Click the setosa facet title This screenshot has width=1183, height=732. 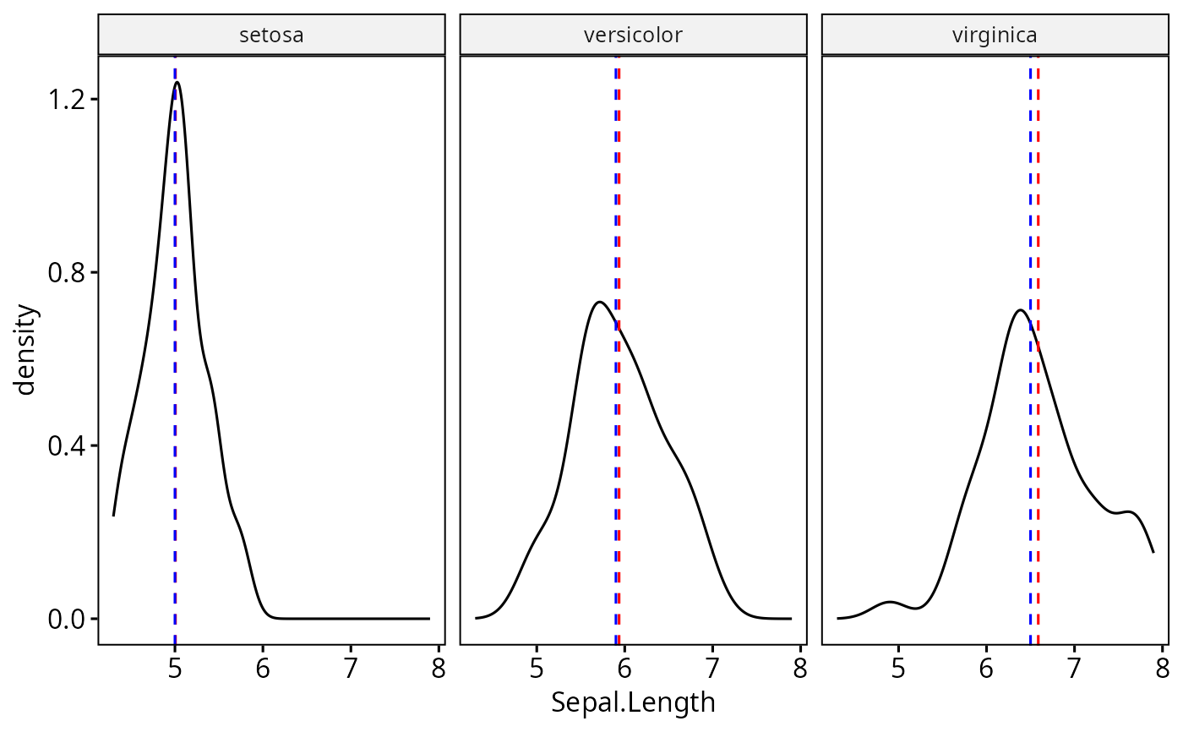tap(271, 36)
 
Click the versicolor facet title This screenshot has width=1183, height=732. tap(633, 36)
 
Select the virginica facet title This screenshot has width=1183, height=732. tap(995, 36)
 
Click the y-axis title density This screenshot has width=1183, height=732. tap(26, 349)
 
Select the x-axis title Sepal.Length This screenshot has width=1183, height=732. tap(633, 702)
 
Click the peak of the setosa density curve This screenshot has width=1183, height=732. tap(177, 83)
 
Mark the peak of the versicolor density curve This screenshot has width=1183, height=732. tap(599, 302)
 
